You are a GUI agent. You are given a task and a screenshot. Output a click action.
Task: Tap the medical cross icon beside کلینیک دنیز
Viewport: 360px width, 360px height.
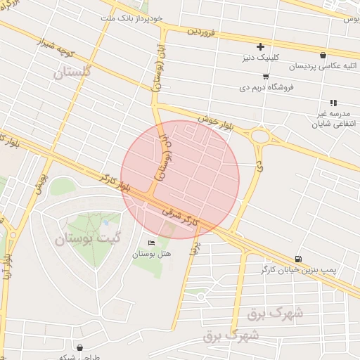pyautogui.click(x=260, y=46)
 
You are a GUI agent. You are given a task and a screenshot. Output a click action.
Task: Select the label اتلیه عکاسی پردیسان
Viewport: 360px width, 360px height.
pyautogui.click(x=323, y=66)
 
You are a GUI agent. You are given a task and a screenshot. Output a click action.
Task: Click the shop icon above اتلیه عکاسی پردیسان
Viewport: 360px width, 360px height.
pyautogui.click(x=323, y=54)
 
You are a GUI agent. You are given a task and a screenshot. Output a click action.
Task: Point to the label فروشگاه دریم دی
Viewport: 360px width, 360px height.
pyautogui.click(x=266, y=88)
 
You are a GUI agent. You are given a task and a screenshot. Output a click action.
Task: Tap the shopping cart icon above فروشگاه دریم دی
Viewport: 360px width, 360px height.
pyautogui.click(x=266, y=77)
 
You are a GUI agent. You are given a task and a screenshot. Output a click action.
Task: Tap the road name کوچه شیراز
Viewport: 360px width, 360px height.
pyautogui.click(x=56, y=51)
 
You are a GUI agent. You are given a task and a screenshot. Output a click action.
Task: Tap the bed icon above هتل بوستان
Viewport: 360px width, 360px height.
pyautogui.click(x=152, y=243)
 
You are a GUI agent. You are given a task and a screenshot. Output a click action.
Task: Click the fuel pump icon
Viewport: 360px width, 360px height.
pyautogui.click(x=300, y=258)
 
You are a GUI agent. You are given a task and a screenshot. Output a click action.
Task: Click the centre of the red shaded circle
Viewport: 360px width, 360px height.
pyautogui.click(x=180, y=180)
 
